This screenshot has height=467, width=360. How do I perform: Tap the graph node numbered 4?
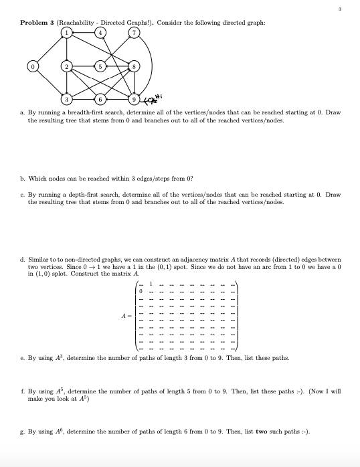click(101, 34)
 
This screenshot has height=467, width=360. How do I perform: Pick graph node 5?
click(101, 67)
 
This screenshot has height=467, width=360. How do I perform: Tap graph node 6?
click(101, 100)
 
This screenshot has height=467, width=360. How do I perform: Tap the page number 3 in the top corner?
click(341, 9)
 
